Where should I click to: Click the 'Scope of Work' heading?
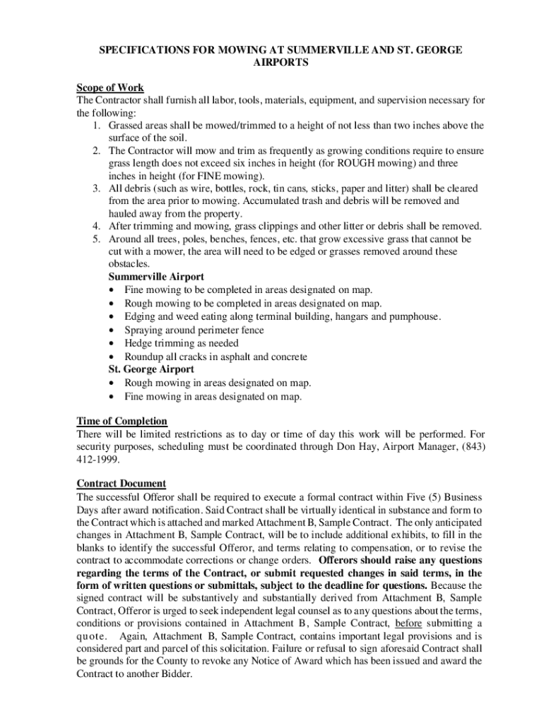[110, 88]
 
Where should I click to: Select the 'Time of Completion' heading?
[122, 422]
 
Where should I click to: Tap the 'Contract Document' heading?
[121, 484]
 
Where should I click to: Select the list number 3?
[95, 189]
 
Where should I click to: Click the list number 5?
[95, 239]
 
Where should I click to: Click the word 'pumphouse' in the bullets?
[413, 316]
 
